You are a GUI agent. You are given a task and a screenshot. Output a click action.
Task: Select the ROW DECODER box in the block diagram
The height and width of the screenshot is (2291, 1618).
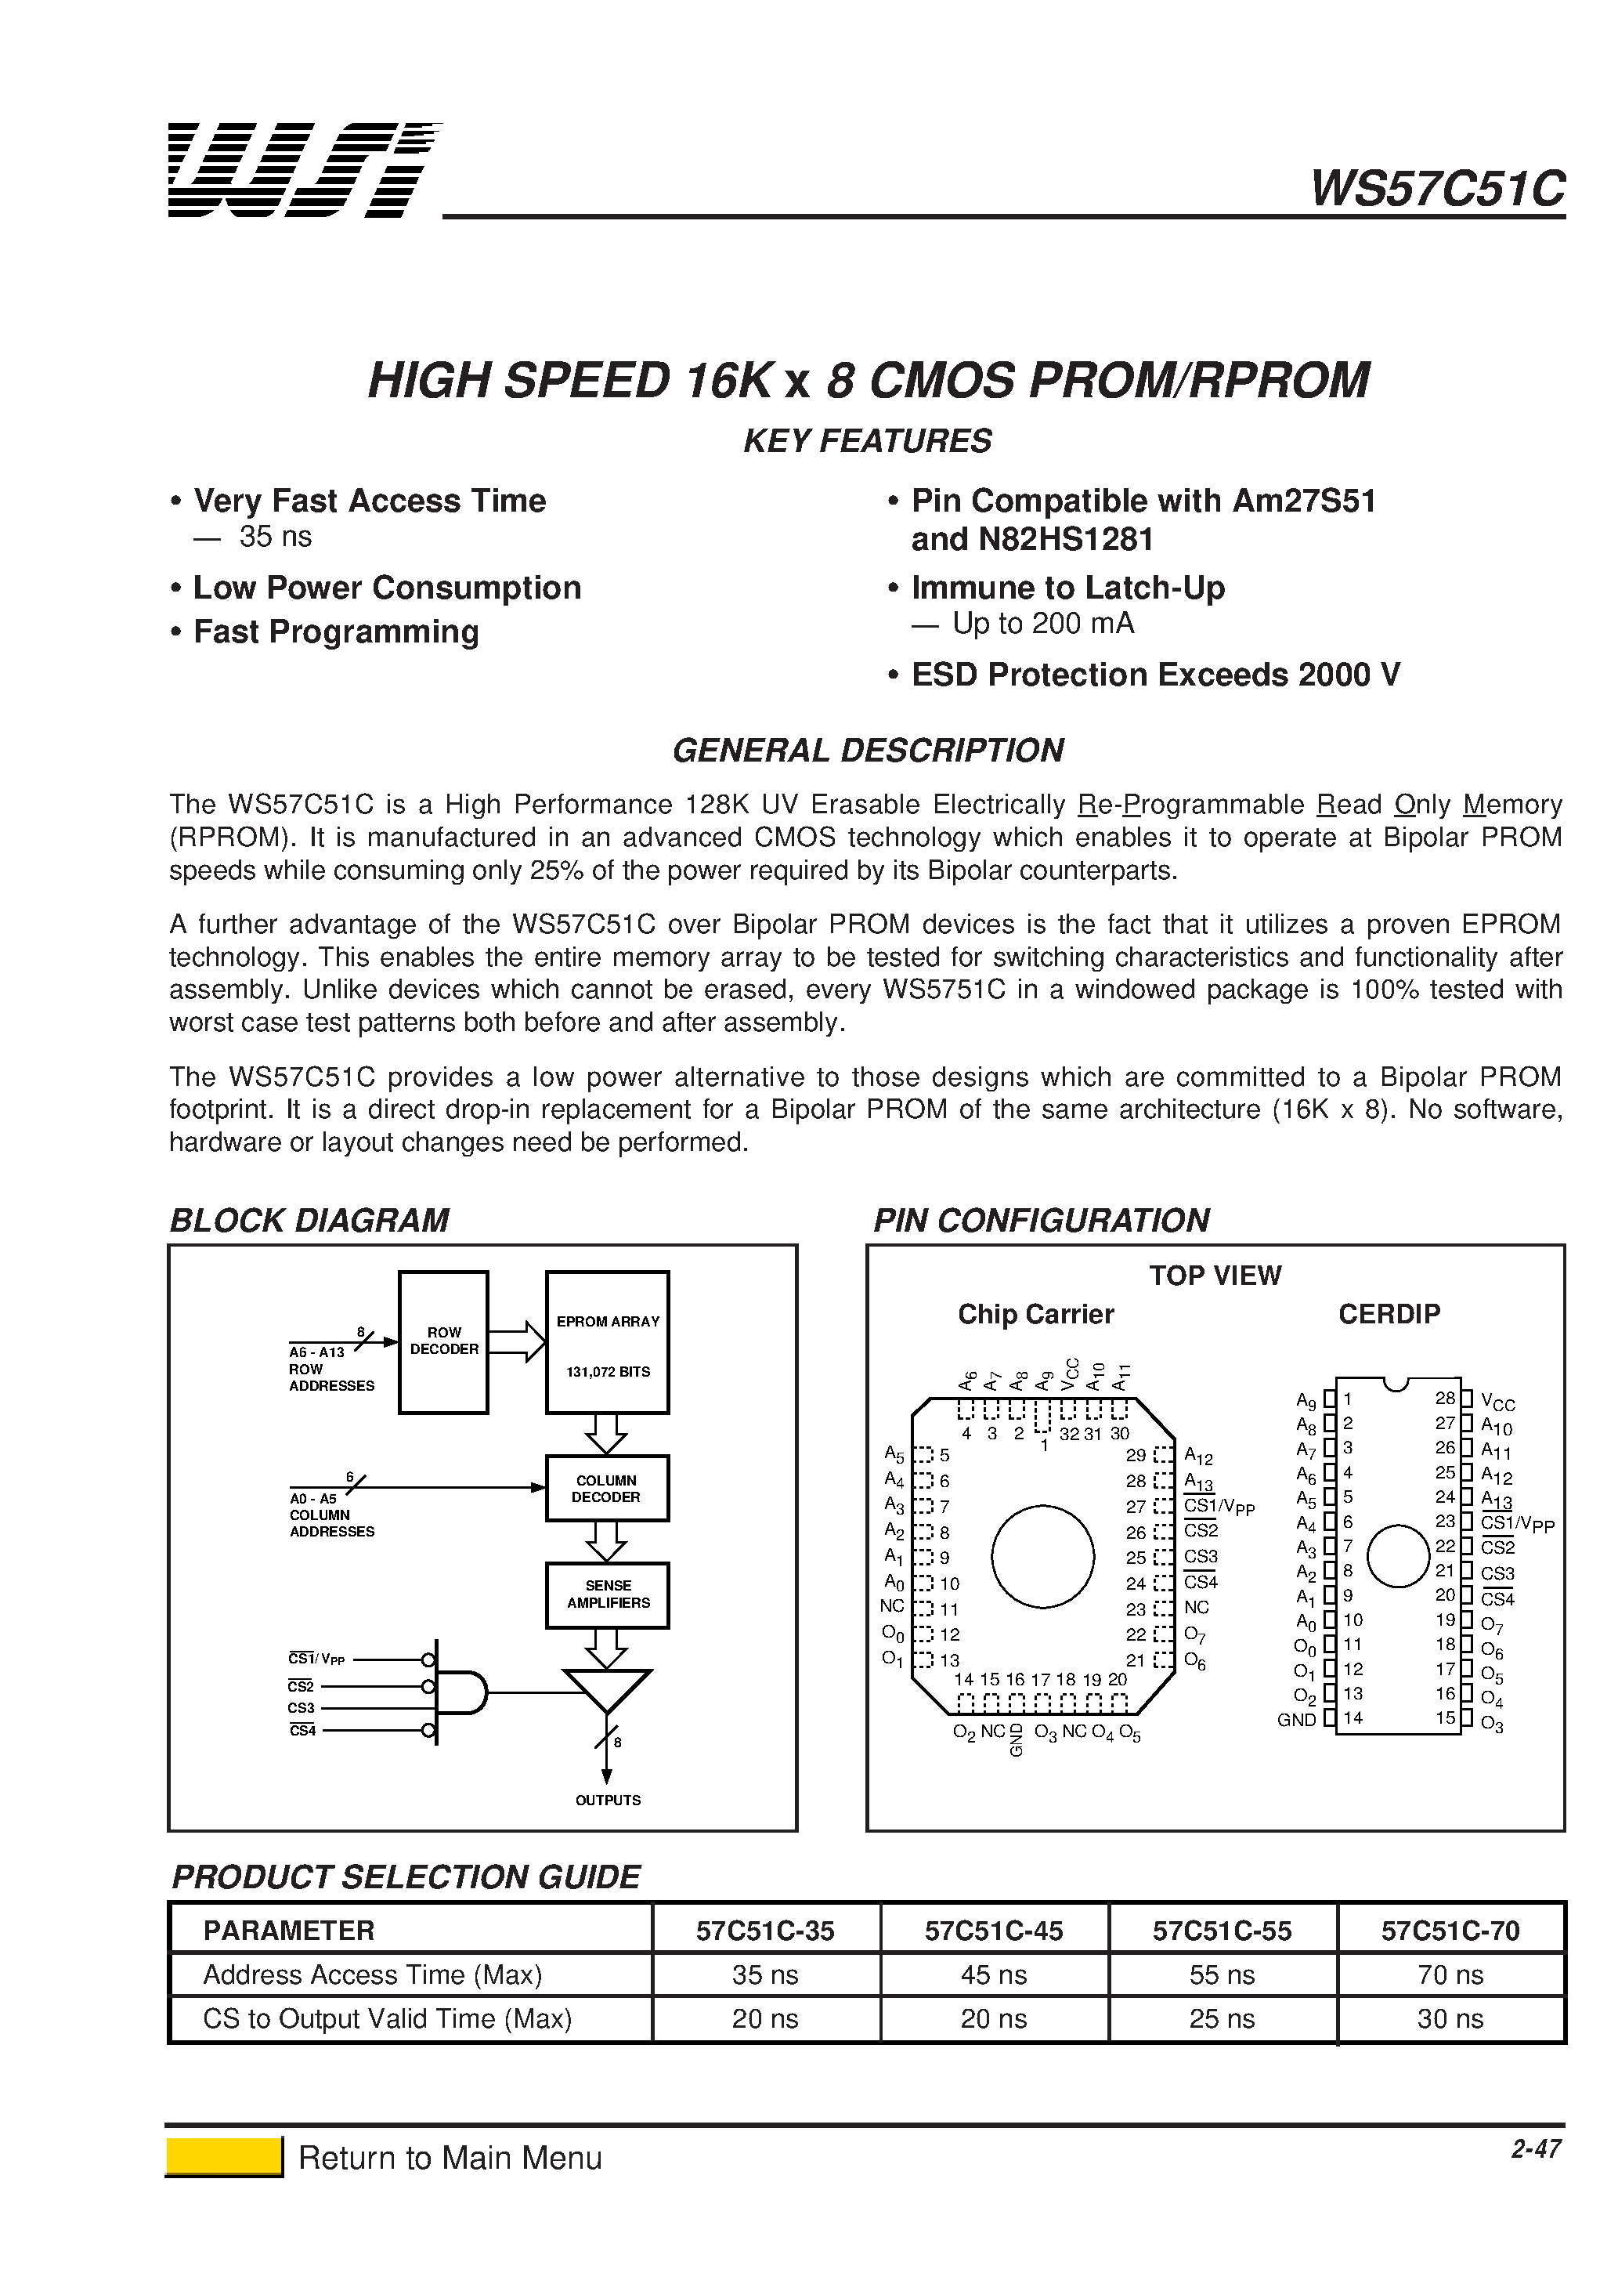pyautogui.click(x=443, y=1341)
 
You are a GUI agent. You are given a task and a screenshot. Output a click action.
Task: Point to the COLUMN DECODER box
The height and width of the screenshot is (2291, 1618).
pyautogui.click(x=606, y=1488)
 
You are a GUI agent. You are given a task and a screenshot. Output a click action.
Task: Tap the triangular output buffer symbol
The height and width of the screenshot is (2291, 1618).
pyautogui.click(x=606, y=1689)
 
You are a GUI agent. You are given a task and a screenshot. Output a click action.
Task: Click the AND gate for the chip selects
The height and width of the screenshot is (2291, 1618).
pyautogui.click(x=459, y=1693)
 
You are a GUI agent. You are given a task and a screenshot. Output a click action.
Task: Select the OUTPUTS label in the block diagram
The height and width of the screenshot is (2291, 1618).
pyautogui.click(x=608, y=1800)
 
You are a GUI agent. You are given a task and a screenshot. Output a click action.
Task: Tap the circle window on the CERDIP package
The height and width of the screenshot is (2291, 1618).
pyautogui.click(x=1398, y=1555)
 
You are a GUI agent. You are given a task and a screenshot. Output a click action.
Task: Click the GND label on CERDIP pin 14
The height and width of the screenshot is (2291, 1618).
pyautogui.click(x=1296, y=1719)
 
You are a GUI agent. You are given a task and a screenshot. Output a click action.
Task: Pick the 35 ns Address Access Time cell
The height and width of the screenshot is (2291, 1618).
pyautogui.click(x=765, y=1974)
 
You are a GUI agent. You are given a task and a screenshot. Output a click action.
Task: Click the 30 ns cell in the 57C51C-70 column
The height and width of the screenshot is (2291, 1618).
pyautogui.click(x=1450, y=2018)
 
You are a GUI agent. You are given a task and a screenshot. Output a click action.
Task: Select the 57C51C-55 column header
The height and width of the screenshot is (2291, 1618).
pyautogui.click(x=1221, y=1931)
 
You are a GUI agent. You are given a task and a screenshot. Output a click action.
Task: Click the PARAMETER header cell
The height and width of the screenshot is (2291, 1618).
pyautogui.click(x=289, y=1931)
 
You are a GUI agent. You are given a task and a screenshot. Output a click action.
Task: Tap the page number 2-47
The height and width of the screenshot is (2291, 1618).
pyautogui.click(x=1535, y=2148)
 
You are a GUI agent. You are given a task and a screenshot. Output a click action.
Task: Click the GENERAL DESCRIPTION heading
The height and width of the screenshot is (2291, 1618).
pyautogui.click(x=867, y=751)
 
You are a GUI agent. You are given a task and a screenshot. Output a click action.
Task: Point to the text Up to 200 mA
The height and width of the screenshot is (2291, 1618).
pyautogui.click(x=1042, y=624)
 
